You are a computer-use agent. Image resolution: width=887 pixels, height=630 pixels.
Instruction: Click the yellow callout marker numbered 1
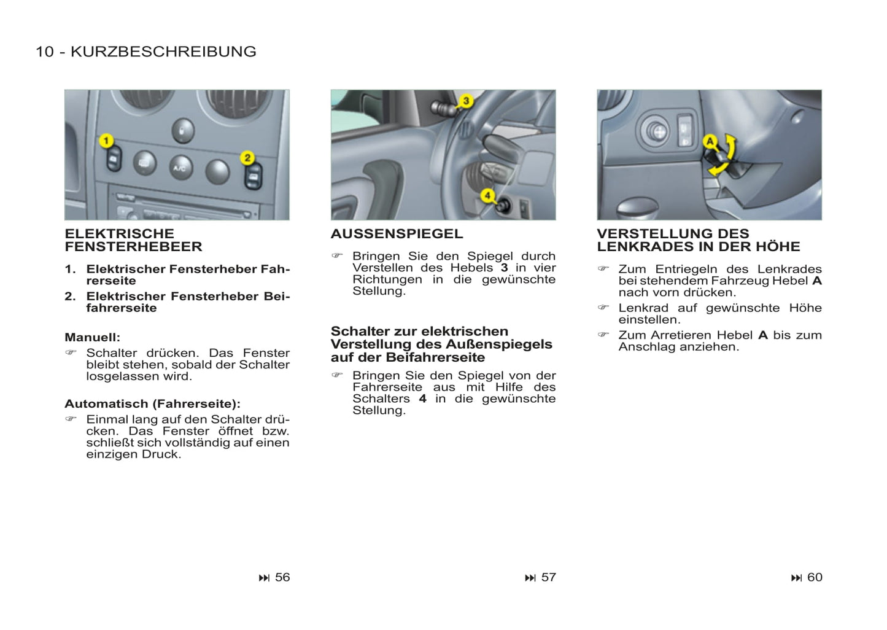(106, 141)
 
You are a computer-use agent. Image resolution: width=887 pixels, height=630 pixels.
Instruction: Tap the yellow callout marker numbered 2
(247, 158)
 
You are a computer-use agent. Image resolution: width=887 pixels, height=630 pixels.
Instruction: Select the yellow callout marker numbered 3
(466, 101)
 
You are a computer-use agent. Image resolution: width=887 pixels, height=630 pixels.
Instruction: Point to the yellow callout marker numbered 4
(487, 195)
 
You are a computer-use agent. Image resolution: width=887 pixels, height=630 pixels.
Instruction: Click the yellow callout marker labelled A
(710, 142)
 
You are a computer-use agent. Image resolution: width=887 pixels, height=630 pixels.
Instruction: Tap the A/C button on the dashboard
(180, 168)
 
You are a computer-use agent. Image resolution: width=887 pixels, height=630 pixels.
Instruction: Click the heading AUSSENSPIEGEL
(397, 234)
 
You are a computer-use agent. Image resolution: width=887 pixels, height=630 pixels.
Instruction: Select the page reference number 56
(282, 577)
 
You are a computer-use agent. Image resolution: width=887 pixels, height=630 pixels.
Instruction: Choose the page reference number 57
(548, 577)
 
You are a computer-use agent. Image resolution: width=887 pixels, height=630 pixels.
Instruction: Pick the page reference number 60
(815, 577)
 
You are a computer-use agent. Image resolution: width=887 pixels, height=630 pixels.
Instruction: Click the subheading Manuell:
(92, 338)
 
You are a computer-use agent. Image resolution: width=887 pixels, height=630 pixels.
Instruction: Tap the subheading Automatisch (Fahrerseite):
(152, 404)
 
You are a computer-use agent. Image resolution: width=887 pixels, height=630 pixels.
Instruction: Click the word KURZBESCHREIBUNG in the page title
(163, 52)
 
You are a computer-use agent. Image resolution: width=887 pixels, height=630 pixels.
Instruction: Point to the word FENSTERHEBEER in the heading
(133, 247)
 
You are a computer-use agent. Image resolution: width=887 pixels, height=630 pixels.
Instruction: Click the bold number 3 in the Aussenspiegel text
(504, 268)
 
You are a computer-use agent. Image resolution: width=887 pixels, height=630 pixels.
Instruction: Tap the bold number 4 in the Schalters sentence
(422, 399)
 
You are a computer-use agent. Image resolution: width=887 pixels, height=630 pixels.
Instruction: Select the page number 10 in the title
(44, 52)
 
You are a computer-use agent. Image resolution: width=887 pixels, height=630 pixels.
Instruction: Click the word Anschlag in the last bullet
(646, 347)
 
